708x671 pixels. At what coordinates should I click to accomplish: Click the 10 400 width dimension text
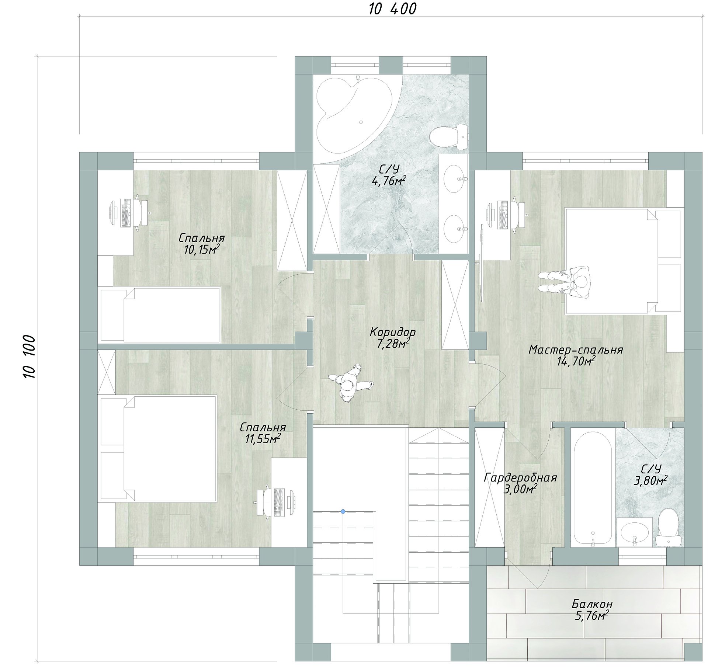393,9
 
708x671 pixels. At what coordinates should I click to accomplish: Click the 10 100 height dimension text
29,357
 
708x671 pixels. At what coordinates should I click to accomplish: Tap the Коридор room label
393,332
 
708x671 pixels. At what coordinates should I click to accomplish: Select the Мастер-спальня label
576,350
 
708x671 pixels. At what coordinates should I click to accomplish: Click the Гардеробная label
520,478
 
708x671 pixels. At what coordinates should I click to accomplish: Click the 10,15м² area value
202,250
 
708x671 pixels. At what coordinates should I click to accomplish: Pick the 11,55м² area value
263,439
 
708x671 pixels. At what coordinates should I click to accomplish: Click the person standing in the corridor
350,384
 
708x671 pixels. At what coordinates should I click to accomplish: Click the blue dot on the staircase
343,511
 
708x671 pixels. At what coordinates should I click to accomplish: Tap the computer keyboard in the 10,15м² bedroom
126,213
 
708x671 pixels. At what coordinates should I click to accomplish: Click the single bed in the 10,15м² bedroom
159,314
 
